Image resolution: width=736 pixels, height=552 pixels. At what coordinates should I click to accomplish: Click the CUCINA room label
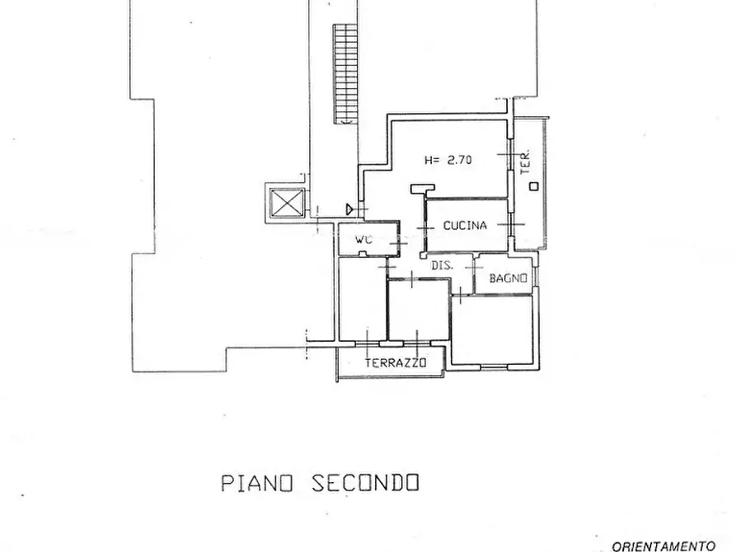pos(465,226)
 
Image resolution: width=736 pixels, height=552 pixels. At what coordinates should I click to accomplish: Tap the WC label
pos(363,240)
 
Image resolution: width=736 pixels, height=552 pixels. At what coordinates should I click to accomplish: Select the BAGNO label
pos(508,278)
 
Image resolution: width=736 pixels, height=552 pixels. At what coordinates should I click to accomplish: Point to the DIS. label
pos(442,265)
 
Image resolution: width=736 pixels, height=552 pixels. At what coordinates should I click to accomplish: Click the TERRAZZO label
pos(396,363)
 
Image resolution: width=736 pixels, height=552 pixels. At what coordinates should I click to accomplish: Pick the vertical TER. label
pos(526,162)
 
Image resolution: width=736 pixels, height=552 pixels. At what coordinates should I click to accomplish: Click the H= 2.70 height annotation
pos(448,160)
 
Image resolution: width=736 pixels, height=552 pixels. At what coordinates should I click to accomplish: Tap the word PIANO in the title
pos(257,483)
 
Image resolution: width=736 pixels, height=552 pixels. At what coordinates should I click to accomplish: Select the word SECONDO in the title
pos(365,483)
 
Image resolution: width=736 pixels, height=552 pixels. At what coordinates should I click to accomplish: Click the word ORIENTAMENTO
pos(663,546)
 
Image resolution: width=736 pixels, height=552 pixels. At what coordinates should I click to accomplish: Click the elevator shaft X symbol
pos(286,203)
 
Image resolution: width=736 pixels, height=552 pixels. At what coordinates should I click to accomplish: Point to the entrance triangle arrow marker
pos(349,209)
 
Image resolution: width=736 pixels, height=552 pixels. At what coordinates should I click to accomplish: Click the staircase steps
pos(346,73)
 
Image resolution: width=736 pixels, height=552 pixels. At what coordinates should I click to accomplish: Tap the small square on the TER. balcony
pos(534,186)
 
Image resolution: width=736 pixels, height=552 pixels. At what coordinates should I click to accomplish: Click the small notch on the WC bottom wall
pos(362,255)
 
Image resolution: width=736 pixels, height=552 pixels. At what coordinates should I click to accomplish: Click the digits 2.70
pos(459,160)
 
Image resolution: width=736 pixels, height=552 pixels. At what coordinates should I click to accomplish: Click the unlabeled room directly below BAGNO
pos(492,330)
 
